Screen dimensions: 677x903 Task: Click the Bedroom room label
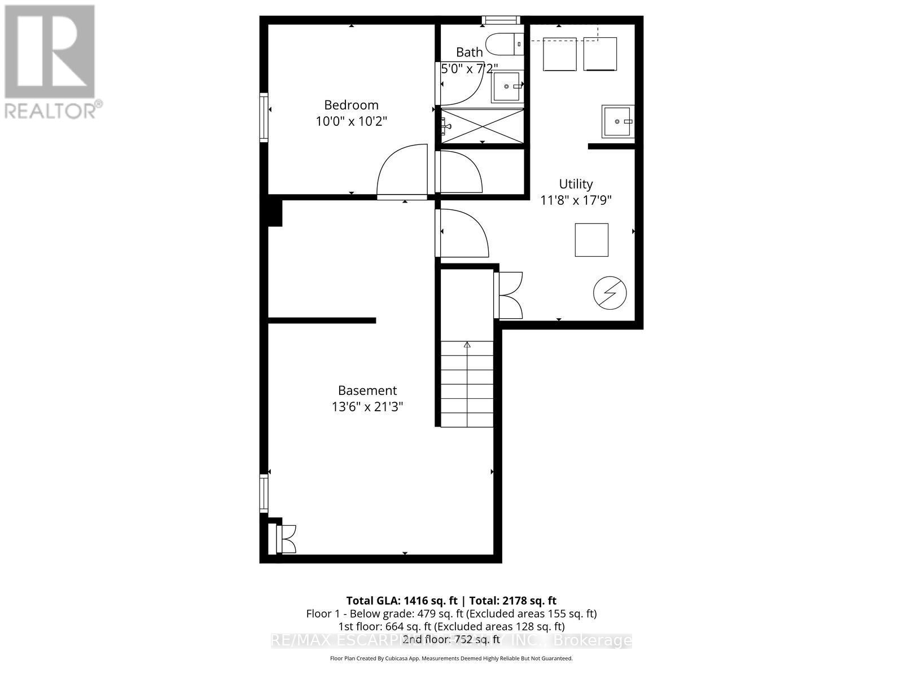tap(351, 105)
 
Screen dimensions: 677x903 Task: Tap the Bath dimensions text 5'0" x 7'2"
tap(469, 69)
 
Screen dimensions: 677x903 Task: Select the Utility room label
tap(576, 184)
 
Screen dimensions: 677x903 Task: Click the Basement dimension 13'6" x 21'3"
tap(367, 406)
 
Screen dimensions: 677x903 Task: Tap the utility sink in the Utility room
tap(617, 121)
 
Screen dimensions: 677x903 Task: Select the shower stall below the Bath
tap(483, 126)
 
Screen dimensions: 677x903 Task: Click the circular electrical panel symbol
tap(610, 293)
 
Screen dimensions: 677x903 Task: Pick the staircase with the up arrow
tap(467, 384)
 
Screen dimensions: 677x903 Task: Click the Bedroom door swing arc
tap(401, 169)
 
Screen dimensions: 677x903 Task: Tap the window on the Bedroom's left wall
tap(264, 117)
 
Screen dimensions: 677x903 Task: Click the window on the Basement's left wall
tap(264, 493)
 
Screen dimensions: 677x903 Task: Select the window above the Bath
tap(500, 20)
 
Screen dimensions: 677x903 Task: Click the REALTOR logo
tap(51, 62)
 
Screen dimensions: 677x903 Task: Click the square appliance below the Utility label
tap(591, 240)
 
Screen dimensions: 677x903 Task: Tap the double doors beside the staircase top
tap(508, 295)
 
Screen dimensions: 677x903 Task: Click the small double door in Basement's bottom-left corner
tap(286, 539)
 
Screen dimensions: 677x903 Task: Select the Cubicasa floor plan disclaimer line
tap(451, 658)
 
